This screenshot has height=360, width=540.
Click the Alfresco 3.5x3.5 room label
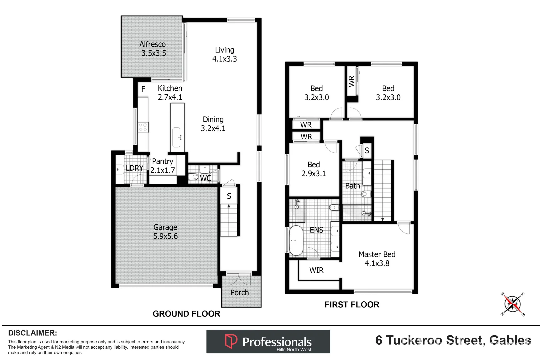(x=153, y=49)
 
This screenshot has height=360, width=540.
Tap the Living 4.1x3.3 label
(x=224, y=54)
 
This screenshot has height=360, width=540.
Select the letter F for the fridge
(x=143, y=89)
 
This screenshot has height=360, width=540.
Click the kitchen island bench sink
(x=176, y=137)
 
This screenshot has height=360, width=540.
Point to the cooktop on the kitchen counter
(x=143, y=127)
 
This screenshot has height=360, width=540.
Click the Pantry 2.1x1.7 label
(x=163, y=166)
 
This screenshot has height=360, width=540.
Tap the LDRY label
(x=134, y=168)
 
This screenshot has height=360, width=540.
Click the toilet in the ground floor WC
(x=193, y=177)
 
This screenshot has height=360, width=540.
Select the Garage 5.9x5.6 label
(x=165, y=232)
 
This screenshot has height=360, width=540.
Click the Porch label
(x=239, y=293)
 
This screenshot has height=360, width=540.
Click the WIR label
(x=316, y=270)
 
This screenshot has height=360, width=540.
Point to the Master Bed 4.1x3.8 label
(x=377, y=259)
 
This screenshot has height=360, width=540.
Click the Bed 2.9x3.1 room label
(x=313, y=169)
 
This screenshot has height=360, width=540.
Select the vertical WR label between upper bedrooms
(x=351, y=81)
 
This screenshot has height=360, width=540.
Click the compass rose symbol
(x=513, y=304)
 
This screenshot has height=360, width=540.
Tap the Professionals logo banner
(x=268, y=342)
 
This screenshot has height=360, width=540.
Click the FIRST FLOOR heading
(x=352, y=305)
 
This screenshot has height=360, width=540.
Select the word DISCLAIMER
(x=32, y=333)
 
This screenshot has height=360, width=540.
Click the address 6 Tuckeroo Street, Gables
(x=453, y=340)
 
